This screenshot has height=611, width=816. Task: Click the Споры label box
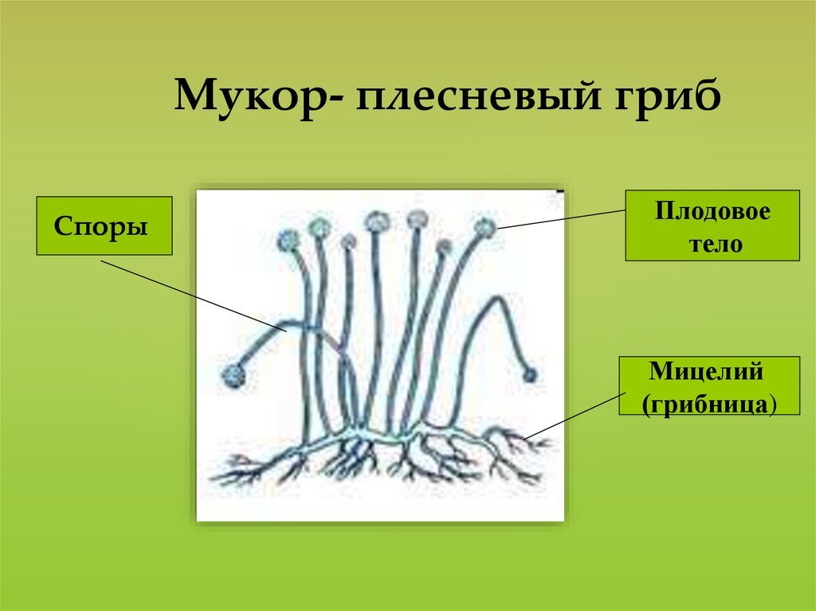click(104, 226)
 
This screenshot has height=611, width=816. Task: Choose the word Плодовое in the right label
click(712, 211)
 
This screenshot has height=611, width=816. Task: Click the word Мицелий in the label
click(706, 371)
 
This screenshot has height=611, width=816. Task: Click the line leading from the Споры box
click(194, 296)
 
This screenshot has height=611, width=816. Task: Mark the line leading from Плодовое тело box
click(561, 219)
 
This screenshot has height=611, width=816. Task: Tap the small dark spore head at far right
click(529, 374)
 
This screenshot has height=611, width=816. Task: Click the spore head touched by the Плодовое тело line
click(485, 228)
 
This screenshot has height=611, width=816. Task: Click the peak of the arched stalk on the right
click(499, 298)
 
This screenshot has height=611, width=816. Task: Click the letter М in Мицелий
click(661, 371)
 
